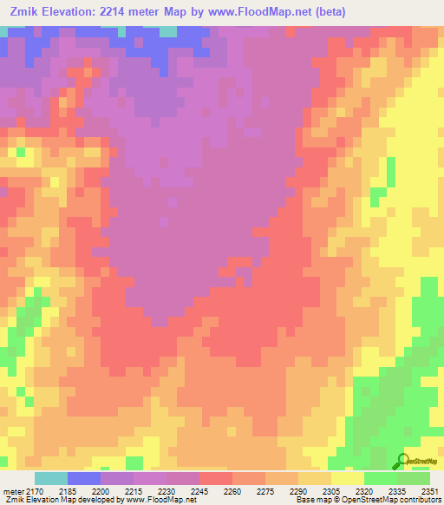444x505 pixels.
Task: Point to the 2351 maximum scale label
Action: [430, 490]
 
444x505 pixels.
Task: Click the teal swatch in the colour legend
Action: [51, 478]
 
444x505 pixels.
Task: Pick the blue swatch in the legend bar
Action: [84, 478]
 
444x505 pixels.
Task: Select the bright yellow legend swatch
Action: [347, 478]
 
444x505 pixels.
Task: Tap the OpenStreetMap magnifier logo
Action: [400, 460]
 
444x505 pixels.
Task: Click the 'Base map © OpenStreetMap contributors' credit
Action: [367, 500]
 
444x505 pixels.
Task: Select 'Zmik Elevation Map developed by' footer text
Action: [52, 500]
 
